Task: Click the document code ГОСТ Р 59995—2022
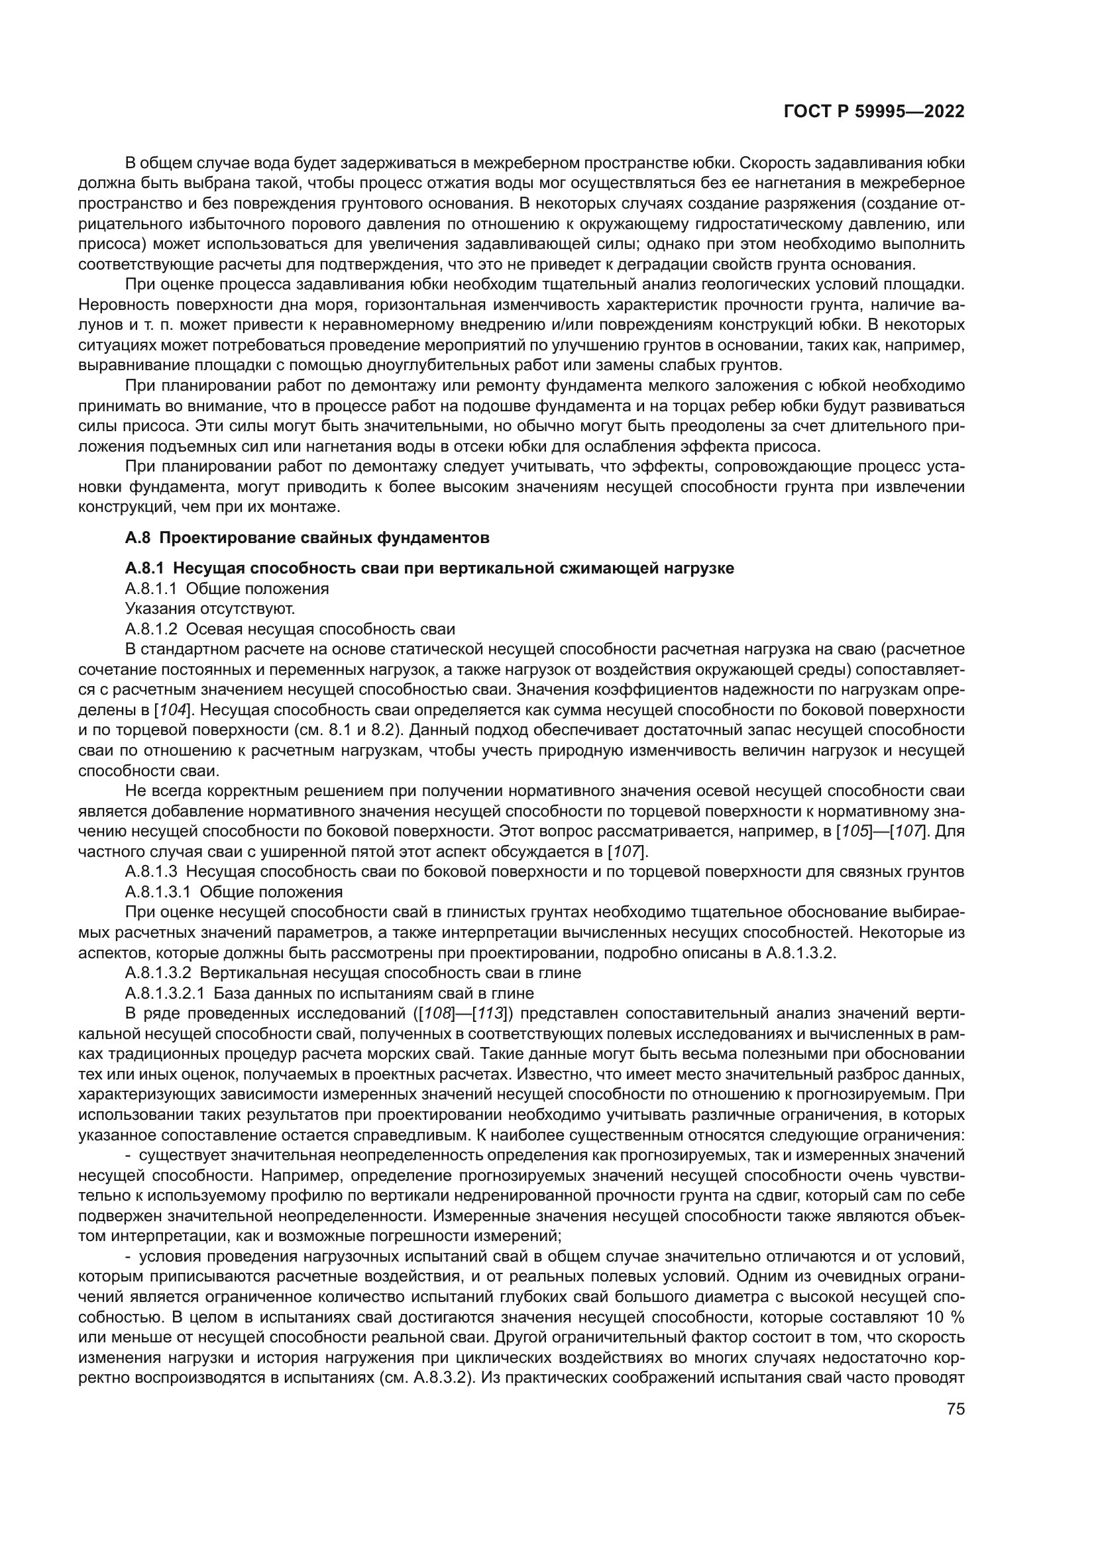point(873,111)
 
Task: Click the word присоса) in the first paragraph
point(111,244)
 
